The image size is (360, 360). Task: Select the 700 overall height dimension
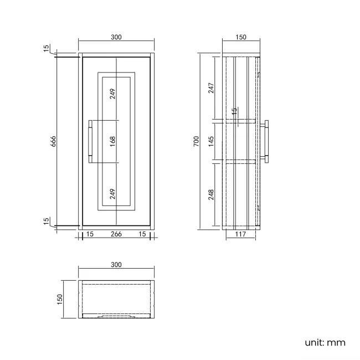196,142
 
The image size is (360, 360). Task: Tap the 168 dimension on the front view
112,141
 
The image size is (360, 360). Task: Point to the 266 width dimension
116,234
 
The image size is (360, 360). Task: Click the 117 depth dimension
240,234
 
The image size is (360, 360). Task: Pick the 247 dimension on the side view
211,88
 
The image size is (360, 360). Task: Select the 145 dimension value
211,141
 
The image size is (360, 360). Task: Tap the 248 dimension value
211,195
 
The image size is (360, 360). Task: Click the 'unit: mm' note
325,342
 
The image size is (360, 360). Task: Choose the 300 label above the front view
116,37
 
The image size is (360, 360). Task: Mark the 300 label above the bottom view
116,265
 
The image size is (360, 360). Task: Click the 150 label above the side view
240,37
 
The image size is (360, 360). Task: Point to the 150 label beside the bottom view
60,299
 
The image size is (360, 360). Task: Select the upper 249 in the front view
112,93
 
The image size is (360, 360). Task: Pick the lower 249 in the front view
112,194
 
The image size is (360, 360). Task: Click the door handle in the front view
90,142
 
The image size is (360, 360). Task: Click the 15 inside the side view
234,111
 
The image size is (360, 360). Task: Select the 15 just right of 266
142,234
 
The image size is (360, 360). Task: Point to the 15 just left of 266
90,234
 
